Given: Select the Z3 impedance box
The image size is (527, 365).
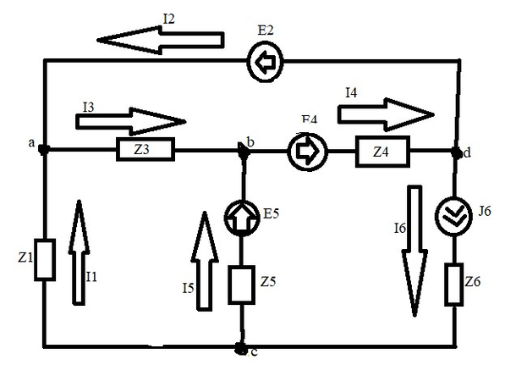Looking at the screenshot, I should point(143,151).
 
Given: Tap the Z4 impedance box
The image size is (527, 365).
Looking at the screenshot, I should point(381,152).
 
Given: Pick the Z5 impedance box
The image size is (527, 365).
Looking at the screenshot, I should point(241,283).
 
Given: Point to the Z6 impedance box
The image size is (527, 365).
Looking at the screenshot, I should point(455,284).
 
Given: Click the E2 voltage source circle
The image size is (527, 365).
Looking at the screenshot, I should point(264,62).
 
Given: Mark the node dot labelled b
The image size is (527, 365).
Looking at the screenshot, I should point(242,151).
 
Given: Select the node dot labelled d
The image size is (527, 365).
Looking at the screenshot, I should point(457,152).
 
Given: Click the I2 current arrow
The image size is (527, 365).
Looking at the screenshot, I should point(160,38).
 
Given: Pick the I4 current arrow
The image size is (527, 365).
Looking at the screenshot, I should point(385,111).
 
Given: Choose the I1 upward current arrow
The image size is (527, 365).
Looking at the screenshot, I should point(78,251).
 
